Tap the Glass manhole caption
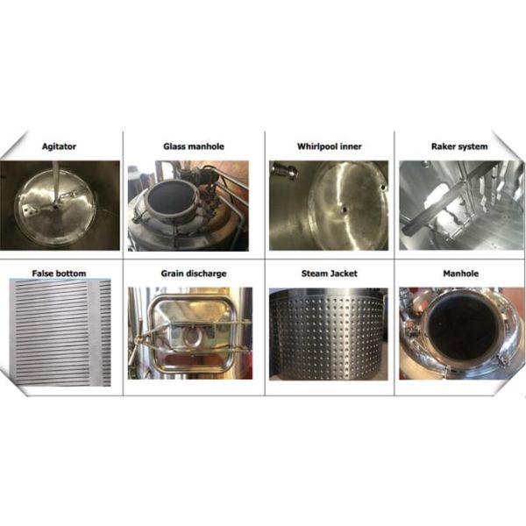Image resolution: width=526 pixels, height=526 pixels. click(193, 146)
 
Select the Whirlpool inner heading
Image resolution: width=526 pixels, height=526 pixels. click(329, 146)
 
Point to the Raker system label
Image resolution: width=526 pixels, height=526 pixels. click(461, 146)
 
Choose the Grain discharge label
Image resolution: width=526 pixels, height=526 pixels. click(193, 274)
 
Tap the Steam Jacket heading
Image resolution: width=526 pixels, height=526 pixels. click(329, 274)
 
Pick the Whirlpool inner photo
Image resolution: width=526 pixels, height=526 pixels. click(329, 204)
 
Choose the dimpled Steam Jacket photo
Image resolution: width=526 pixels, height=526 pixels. click(329, 333)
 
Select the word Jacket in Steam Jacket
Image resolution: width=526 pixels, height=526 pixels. click(341, 274)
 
